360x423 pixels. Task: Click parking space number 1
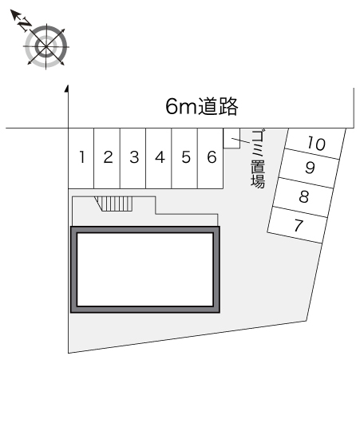tap(81, 158)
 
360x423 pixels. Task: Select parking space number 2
tap(107, 158)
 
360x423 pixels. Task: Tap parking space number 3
tap(133, 158)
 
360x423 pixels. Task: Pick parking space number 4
tap(159, 158)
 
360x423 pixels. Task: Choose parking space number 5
tap(184, 158)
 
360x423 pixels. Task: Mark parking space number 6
tap(211, 158)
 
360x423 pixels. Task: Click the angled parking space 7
tap(298, 225)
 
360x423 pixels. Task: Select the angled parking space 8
tap(303, 197)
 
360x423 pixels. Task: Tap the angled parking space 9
tap(310, 168)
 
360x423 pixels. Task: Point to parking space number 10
tap(316, 143)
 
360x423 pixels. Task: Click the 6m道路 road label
tap(202, 106)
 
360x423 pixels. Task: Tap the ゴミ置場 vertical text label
tap(258, 159)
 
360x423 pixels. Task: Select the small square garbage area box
tap(231, 138)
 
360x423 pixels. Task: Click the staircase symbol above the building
tap(114, 204)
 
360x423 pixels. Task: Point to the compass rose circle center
tap(46, 46)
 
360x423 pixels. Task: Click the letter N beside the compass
tap(24, 23)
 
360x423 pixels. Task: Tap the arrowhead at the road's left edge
tap(67, 89)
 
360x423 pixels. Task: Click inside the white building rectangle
tap(145, 270)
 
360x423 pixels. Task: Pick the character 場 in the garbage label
tap(258, 181)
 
